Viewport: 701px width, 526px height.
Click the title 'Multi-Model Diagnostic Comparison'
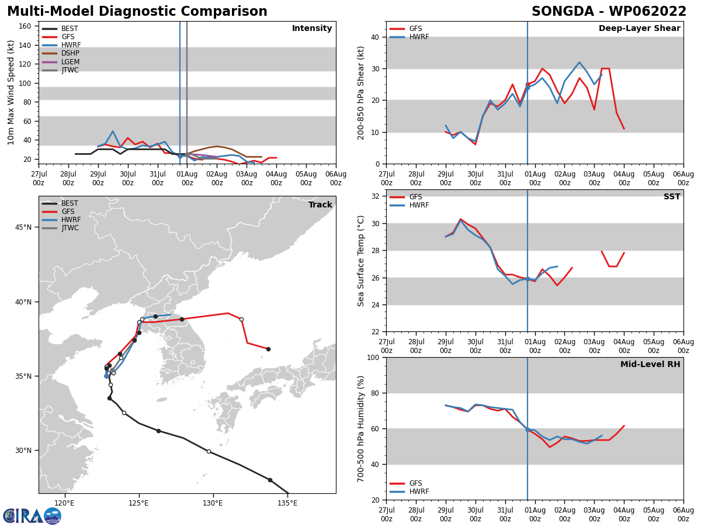tap(137, 12)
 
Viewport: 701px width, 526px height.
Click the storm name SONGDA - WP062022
tap(609, 12)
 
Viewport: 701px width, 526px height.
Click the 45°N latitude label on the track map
tap(23, 227)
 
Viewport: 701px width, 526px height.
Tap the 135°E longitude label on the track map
tap(287, 503)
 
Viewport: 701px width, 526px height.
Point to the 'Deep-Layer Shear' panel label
tap(639, 29)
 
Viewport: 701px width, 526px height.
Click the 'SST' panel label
tap(671, 197)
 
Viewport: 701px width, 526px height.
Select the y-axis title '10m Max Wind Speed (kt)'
tap(11, 92)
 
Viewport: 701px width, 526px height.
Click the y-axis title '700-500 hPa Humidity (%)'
tap(361, 428)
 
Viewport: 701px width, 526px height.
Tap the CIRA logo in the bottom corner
tap(32, 515)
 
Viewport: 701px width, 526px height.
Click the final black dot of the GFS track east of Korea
tap(268, 349)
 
